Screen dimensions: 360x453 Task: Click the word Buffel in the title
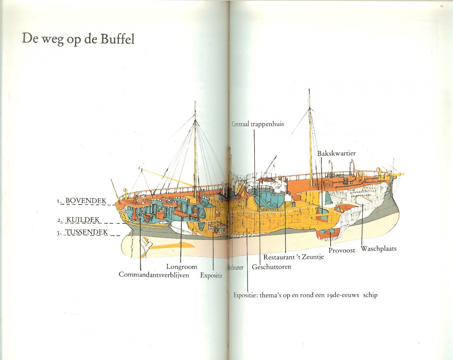pos(117,39)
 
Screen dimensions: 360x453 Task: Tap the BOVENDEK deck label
pos(86,201)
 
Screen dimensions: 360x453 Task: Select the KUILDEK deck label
pos(83,220)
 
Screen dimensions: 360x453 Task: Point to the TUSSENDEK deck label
pos(87,232)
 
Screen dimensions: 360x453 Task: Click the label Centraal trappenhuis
pos(258,124)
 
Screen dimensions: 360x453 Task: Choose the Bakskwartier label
pos(336,154)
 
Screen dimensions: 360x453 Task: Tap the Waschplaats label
pos(378,249)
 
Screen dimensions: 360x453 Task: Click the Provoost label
pos(342,250)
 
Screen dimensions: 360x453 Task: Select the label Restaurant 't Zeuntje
pos(293,257)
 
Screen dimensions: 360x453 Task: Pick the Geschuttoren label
pos(271,267)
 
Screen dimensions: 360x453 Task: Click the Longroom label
pos(182,267)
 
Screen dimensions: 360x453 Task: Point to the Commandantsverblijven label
pos(154,275)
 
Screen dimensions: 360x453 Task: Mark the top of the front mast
pos(309,90)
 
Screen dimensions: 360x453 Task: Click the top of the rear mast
pos(195,103)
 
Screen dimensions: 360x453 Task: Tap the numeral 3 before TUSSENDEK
pos(58,233)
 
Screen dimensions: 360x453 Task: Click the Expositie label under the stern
pos(211,275)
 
